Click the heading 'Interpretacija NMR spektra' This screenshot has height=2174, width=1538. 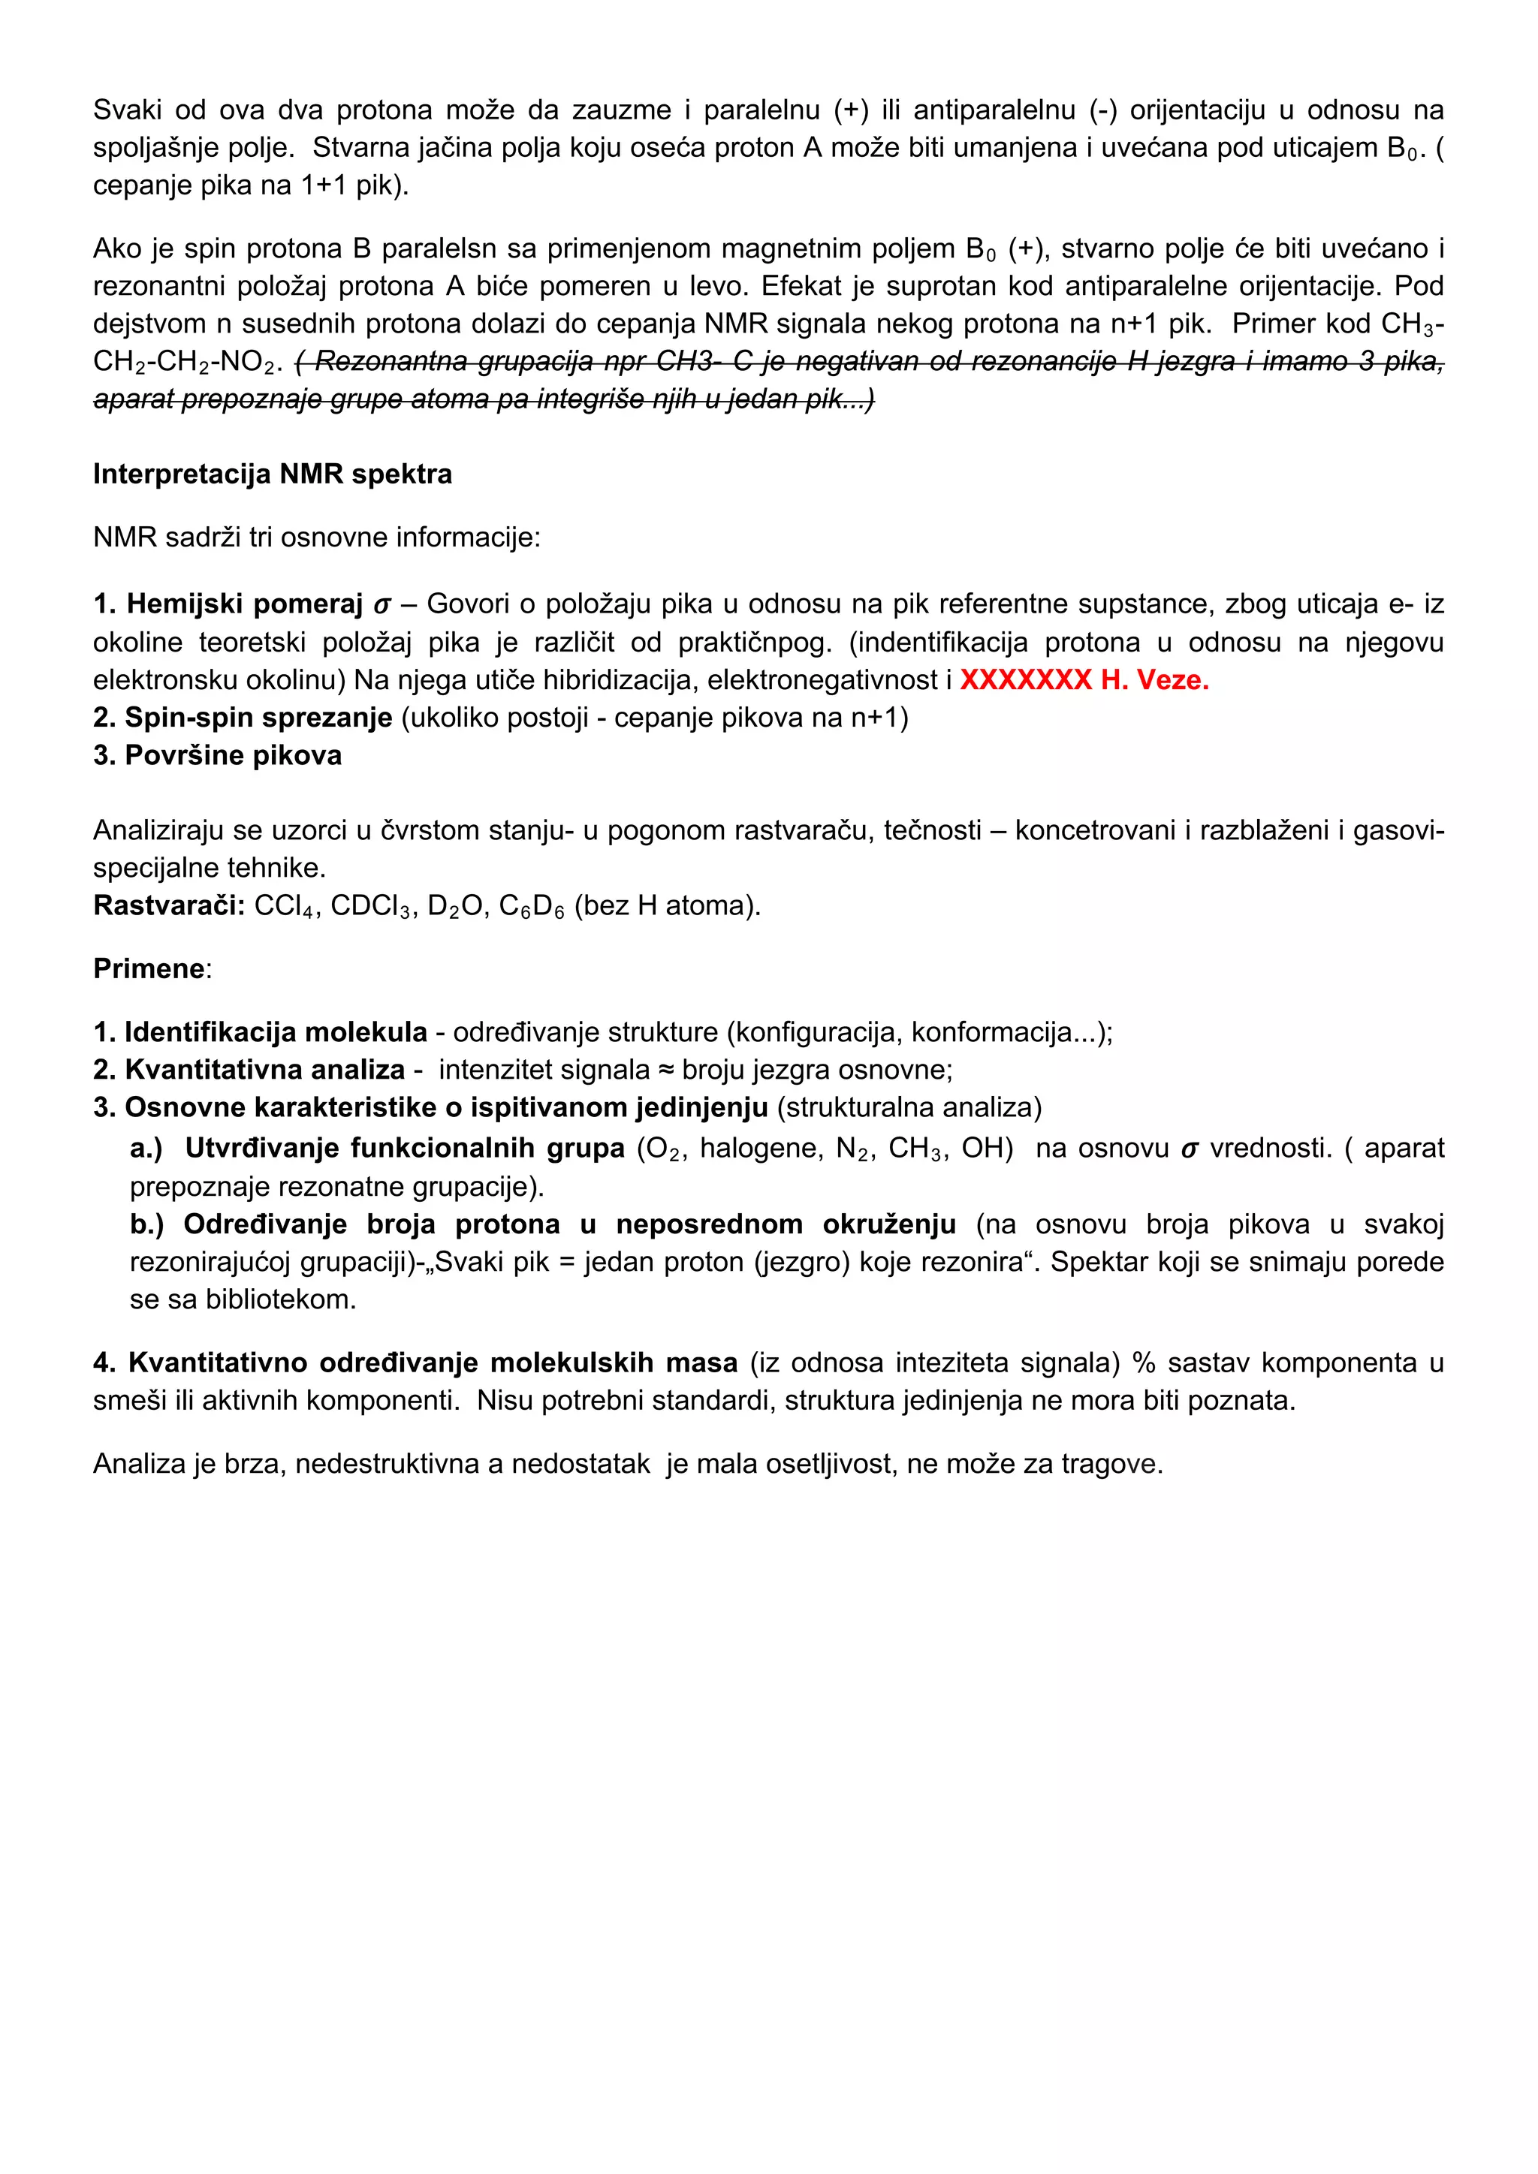pos(272,474)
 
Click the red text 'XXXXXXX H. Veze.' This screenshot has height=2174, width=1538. pos(1084,680)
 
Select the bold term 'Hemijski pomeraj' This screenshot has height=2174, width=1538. pos(244,604)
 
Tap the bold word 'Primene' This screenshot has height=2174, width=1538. pos(149,968)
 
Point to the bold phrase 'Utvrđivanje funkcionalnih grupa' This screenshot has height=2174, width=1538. pos(404,1149)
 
